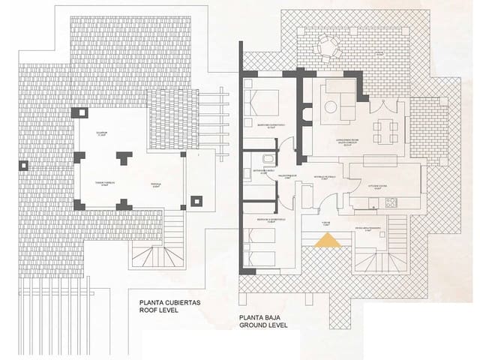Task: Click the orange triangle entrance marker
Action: tap(328, 240)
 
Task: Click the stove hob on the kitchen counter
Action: tap(390, 202)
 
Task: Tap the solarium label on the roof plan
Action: tap(101, 133)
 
